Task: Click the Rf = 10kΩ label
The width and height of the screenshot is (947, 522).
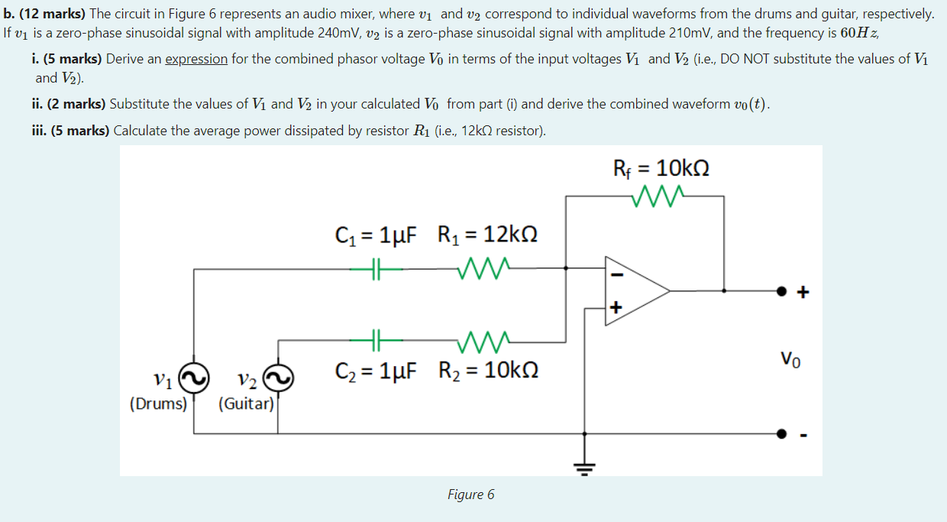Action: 661,167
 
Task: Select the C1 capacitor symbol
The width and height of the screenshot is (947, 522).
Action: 374,268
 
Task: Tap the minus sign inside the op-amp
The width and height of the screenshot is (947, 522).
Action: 619,274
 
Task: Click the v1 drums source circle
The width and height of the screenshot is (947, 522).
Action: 194,377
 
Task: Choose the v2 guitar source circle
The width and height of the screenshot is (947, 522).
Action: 278,377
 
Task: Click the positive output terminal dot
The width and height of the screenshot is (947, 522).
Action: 781,291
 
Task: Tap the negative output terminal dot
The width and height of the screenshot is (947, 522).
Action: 781,434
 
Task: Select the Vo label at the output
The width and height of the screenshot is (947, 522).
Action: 791,358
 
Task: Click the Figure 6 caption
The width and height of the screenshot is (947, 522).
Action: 470,494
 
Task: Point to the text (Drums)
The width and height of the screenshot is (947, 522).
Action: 159,403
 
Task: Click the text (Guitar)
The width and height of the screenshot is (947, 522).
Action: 246,403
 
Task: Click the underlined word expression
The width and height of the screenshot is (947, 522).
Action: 196,59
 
